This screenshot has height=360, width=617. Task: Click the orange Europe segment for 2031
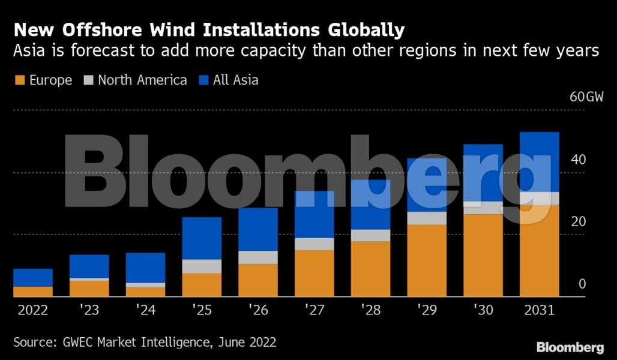pyautogui.click(x=539, y=251)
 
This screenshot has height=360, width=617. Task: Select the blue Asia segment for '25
pyautogui.click(x=202, y=238)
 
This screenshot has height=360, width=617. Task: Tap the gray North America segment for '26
pyautogui.click(x=258, y=257)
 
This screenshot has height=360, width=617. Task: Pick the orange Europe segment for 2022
pyautogui.click(x=32, y=292)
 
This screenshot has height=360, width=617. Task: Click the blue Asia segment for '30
pyautogui.click(x=483, y=173)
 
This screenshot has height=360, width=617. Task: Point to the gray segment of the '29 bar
pyautogui.click(x=427, y=218)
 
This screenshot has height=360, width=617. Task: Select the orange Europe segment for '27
pyautogui.click(x=315, y=273)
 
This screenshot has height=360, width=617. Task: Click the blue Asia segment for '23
pyautogui.click(x=89, y=266)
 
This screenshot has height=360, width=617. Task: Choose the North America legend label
pyautogui.click(x=142, y=80)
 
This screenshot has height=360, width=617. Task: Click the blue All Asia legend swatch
pyautogui.click(x=203, y=80)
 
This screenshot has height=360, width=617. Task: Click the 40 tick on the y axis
pyautogui.click(x=577, y=160)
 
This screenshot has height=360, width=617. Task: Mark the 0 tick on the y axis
pyautogui.click(x=582, y=284)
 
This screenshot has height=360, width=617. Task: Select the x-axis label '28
pyautogui.click(x=370, y=311)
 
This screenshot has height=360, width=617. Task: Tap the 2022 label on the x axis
pyautogui.click(x=32, y=311)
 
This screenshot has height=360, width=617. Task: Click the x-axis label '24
pyautogui.click(x=145, y=311)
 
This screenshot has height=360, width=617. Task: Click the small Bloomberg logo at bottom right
pyautogui.click(x=570, y=347)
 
